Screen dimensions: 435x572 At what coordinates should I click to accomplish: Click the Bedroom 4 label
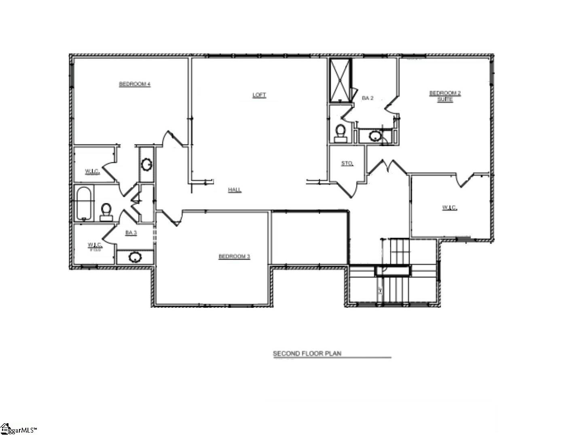(135, 84)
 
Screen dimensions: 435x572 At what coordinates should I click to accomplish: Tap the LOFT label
(259, 95)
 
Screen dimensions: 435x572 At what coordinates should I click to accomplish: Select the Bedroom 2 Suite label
(445, 96)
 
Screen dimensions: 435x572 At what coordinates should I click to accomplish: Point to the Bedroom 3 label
(234, 256)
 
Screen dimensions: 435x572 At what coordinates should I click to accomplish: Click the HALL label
(235, 190)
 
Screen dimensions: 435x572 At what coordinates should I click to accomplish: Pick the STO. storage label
(347, 164)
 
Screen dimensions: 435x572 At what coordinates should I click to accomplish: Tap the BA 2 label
(367, 98)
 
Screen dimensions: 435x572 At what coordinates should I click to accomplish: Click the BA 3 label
(131, 232)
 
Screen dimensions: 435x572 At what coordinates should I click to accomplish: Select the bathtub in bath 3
(84, 204)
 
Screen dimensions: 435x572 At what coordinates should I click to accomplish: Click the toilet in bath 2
(340, 132)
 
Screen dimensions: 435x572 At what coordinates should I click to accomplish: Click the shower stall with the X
(340, 80)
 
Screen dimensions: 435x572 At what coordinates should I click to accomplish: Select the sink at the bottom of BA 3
(134, 257)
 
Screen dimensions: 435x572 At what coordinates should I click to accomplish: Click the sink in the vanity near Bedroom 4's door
(146, 164)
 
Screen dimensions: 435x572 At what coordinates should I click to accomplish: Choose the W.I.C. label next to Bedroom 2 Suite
(449, 208)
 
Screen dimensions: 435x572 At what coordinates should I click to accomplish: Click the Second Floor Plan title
(307, 354)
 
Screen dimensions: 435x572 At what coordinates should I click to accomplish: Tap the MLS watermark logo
(18, 429)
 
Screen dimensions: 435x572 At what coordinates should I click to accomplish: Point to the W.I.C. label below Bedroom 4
(92, 172)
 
